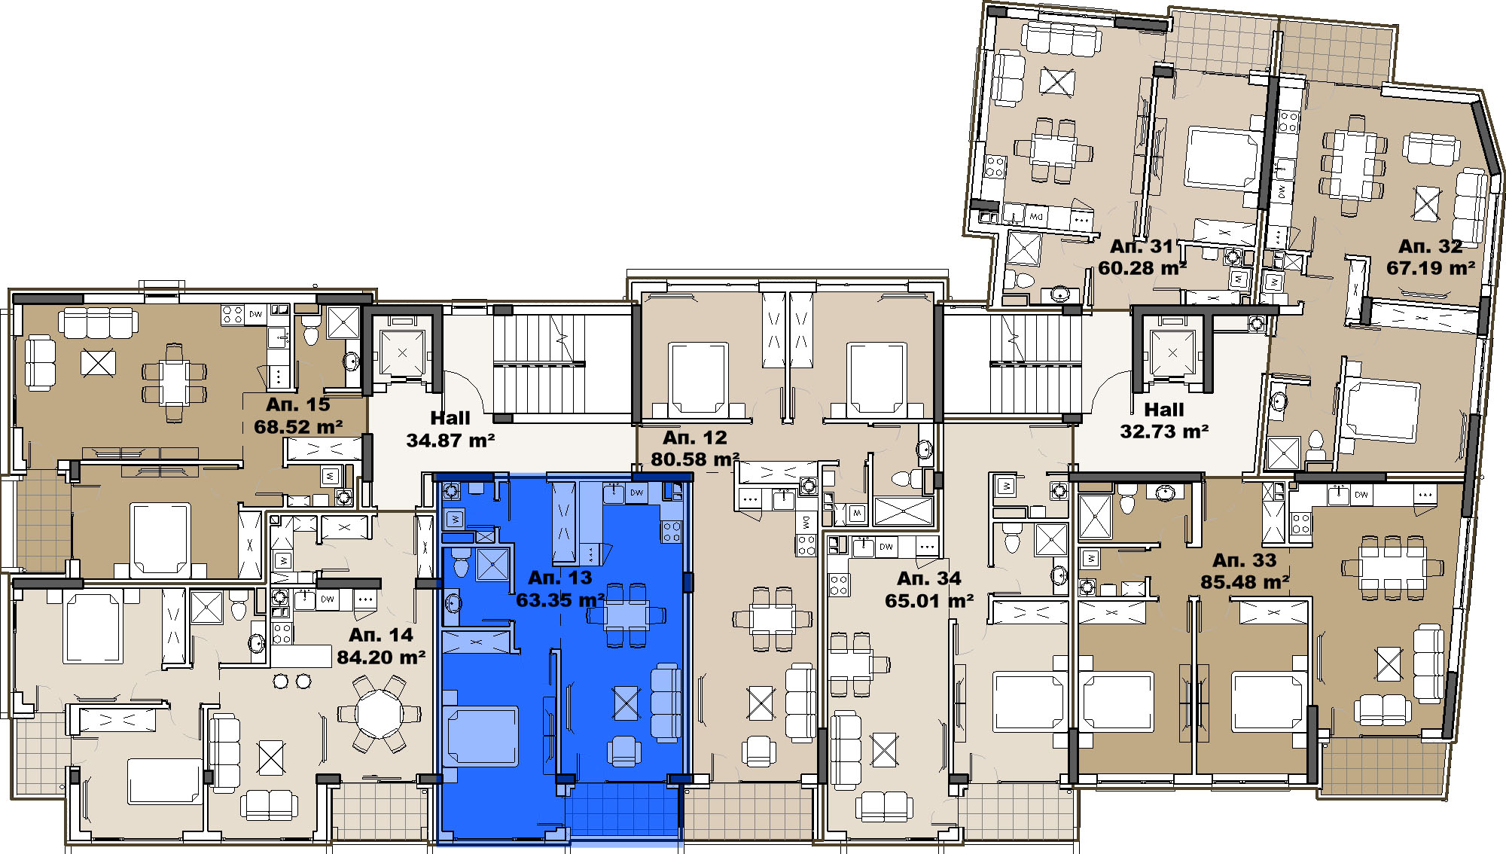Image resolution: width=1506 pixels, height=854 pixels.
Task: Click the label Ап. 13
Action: pyautogui.click(x=559, y=578)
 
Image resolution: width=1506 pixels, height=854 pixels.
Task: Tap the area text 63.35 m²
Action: pyautogui.click(x=560, y=600)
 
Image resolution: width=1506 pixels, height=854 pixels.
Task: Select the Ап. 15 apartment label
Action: pyautogui.click(x=298, y=404)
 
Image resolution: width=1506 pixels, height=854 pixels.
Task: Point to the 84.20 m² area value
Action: pyautogui.click(x=381, y=657)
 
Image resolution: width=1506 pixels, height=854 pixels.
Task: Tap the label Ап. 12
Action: pyautogui.click(x=695, y=438)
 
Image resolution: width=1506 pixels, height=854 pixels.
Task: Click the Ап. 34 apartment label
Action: pyautogui.click(x=929, y=578)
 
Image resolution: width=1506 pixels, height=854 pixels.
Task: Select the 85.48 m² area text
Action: pyautogui.click(x=1245, y=582)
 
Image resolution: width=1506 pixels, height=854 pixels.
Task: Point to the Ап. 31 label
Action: pyautogui.click(x=1142, y=246)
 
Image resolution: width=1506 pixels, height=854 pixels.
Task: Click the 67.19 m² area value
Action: pyautogui.click(x=1431, y=268)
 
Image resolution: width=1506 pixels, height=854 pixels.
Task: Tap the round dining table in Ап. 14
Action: pyautogui.click(x=380, y=712)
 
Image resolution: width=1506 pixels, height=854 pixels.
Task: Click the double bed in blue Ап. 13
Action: pyautogui.click(x=480, y=736)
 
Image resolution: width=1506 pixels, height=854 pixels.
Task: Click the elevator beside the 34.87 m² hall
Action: pyautogui.click(x=402, y=351)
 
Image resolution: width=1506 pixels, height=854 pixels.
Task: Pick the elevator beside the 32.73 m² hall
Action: pyautogui.click(x=1172, y=352)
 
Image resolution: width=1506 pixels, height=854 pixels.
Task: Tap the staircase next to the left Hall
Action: pyautogui.click(x=539, y=364)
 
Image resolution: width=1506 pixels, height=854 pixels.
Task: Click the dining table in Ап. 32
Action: pyautogui.click(x=1353, y=163)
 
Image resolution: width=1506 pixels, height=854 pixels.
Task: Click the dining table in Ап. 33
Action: pyautogui.click(x=1392, y=567)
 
